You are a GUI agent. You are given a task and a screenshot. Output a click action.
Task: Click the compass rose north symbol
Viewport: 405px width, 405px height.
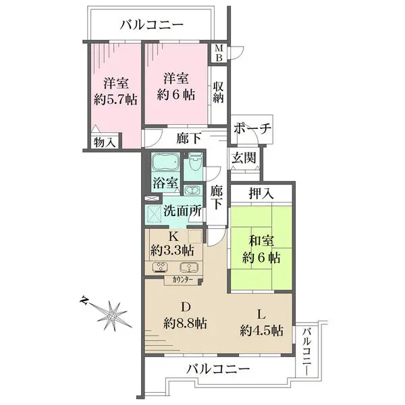tap(110, 313)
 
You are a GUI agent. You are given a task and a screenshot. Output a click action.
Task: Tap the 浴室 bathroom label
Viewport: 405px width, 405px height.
tap(165, 183)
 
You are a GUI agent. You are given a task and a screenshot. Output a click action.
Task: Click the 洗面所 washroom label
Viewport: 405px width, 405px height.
tap(182, 211)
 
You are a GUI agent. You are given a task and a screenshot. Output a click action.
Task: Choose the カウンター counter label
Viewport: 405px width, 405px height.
tap(183, 279)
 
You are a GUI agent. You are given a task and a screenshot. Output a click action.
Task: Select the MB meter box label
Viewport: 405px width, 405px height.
tap(219, 53)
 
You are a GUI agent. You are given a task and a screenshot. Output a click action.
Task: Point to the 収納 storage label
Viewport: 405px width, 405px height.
tap(219, 91)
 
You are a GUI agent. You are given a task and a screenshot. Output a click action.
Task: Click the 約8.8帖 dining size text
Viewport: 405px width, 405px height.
tap(185, 323)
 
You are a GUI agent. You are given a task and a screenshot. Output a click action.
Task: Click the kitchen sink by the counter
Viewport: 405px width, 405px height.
tap(185, 265)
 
